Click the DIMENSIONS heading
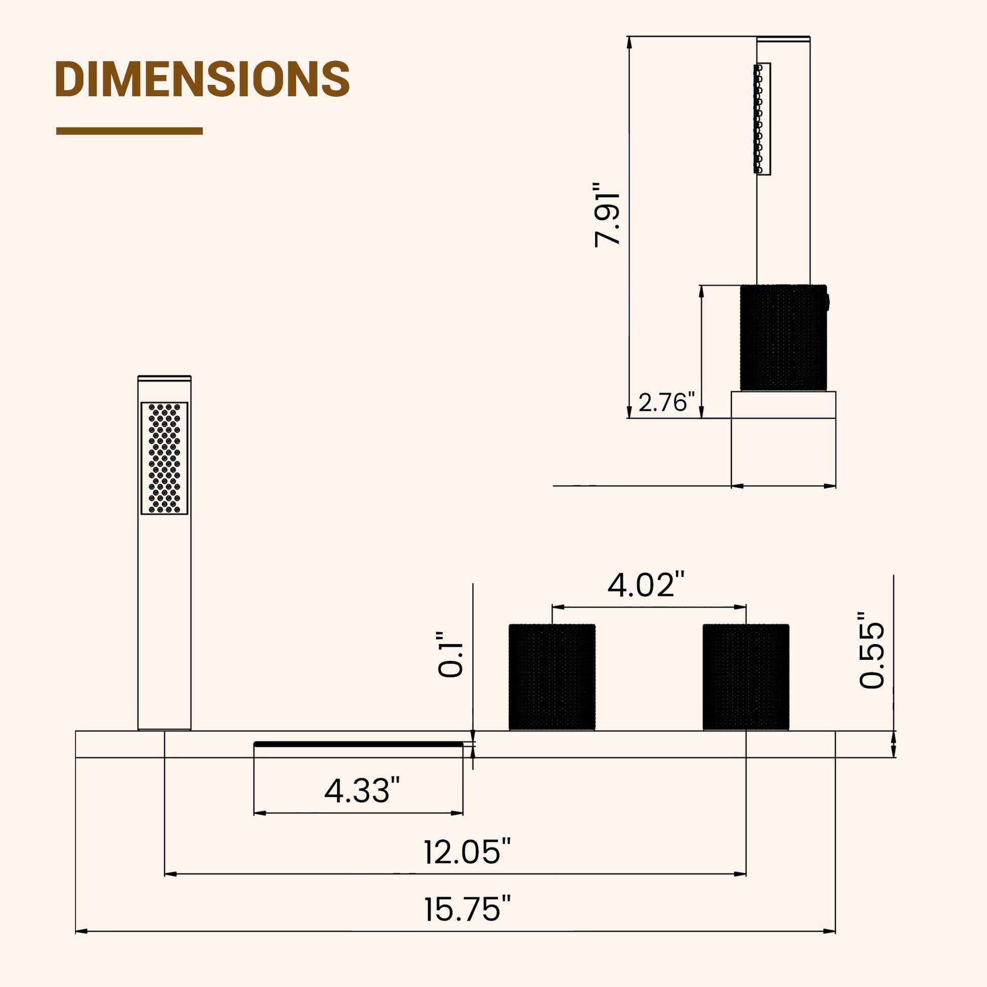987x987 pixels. pyautogui.click(x=202, y=79)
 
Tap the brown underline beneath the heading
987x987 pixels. pyautogui.click(x=129, y=131)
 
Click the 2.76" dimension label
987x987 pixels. pyautogui.click(x=666, y=403)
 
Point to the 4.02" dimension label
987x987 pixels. pyautogui.click(x=646, y=585)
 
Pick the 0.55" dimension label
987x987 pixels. pyautogui.click(x=871, y=649)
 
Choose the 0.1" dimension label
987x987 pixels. pyautogui.click(x=450, y=654)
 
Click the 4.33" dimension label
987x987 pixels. pyautogui.click(x=362, y=791)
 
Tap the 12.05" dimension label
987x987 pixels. pyautogui.click(x=467, y=852)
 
